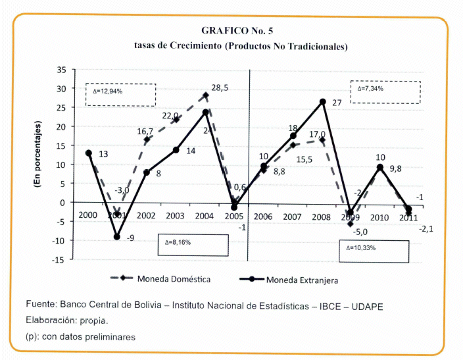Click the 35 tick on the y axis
point(61,69)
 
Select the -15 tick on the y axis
point(59,259)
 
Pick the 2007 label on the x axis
point(293,216)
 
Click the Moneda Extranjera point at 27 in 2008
point(323,101)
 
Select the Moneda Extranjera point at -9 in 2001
point(118,237)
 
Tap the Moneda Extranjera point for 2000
point(89,153)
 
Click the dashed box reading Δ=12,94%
point(120,94)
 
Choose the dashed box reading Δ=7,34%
point(385,91)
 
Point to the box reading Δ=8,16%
point(193,244)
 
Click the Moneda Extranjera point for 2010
point(379,167)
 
